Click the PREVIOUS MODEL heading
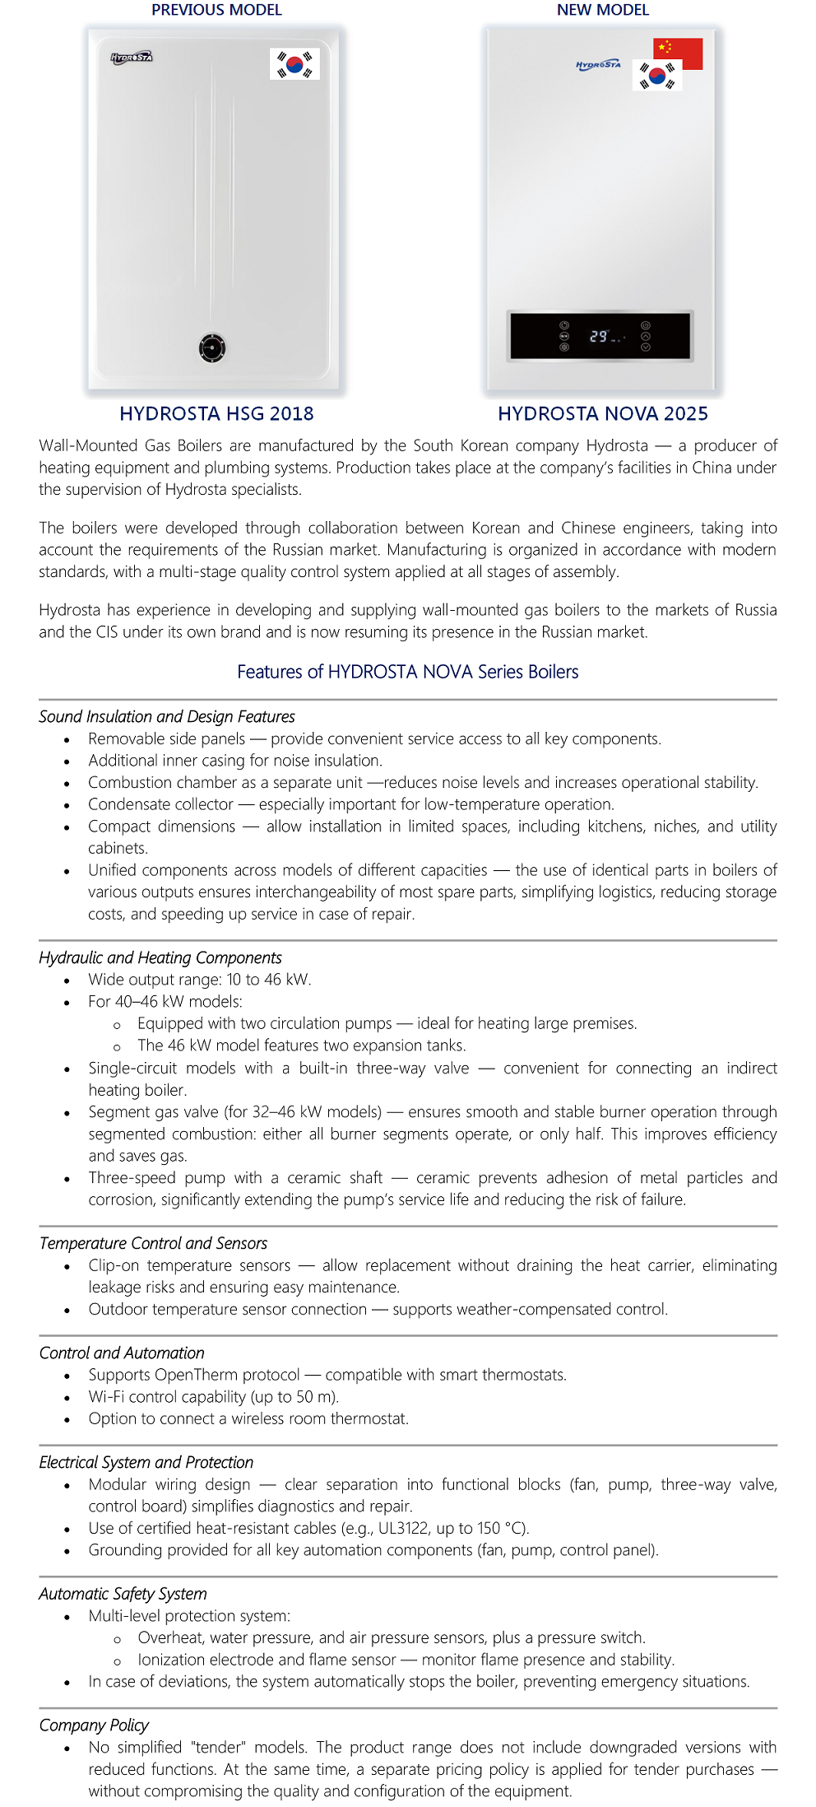[216, 10]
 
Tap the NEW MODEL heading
[602, 10]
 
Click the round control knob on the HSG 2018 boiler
[212, 347]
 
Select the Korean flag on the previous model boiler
[294, 64]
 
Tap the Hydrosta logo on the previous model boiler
[132, 58]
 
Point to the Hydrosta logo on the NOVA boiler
[598, 64]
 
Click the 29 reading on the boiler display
[599, 336]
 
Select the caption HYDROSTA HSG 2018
[216, 413]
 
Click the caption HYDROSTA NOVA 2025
[602, 413]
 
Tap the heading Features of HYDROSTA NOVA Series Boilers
[407, 672]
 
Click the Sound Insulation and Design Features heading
[166, 716]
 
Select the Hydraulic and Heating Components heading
[160, 957]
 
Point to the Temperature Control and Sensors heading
[153, 1243]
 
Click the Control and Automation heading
[122, 1353]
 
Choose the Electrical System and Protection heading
[146, 1462]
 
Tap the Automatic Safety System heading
[123, 1594]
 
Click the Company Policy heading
[94, 1725]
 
